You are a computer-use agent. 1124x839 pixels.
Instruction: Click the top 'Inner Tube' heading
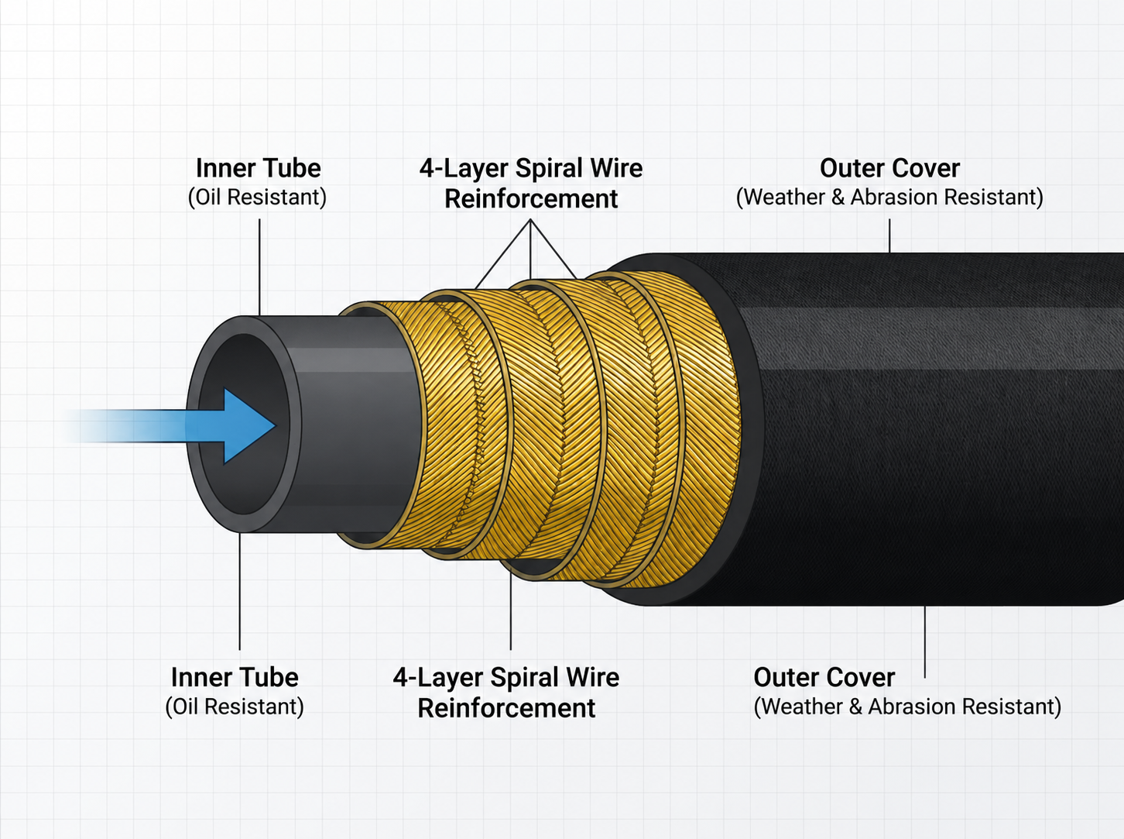(258, 168)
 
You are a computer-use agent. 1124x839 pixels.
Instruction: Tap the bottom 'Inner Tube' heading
(235, 677)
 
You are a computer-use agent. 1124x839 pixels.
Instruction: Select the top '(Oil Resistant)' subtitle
(257, 198)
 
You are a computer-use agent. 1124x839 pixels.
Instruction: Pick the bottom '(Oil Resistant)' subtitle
(235, 707)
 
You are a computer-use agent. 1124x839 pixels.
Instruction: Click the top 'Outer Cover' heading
(889, 168)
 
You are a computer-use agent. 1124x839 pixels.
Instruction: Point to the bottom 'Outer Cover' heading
(824, 677)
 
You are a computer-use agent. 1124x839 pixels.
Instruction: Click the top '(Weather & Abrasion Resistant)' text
(889, 198)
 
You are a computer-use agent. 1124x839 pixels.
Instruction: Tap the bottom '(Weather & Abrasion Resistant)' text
(907, 707)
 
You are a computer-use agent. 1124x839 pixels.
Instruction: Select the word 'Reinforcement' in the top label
(531, 199)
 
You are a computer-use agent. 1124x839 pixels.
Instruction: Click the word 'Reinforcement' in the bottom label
(506, 708)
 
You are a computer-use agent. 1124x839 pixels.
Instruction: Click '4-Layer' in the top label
(464, 169)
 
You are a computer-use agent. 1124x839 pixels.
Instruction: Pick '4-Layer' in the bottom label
(438, 678)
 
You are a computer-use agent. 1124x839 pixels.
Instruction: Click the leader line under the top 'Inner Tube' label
(259, 267)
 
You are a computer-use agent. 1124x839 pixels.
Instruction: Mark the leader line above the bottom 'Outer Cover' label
(925, 641)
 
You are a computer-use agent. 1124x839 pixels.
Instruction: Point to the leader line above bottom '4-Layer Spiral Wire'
(511, 610)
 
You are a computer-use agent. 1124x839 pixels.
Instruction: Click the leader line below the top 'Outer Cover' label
(889, 236)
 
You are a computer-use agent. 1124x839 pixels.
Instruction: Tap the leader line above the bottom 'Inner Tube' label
(240, 591)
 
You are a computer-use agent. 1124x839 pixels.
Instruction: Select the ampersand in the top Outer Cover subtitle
(838, 198)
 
